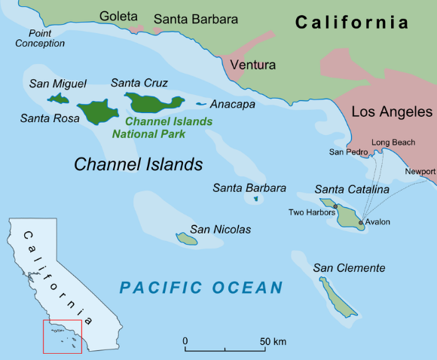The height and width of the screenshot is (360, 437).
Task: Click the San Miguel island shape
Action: tap(57, 98)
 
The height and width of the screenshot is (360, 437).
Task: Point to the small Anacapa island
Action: tap(201, 104)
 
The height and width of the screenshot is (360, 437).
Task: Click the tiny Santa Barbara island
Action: tap(256, 199)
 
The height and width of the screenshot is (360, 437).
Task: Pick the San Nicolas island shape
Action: tap(187, 239)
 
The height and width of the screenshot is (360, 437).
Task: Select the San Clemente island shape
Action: tap(337, 297)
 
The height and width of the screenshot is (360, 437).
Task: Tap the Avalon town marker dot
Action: tap(361, 223)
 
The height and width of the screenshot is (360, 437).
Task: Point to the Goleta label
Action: tap(119, 16)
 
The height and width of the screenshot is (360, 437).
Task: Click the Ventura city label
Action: tap(254, 65)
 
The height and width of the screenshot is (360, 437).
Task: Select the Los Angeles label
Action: tap(392, 112)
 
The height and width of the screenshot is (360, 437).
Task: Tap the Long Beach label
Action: tap(393, 142)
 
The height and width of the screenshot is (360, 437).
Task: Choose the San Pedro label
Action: tap(347, 152)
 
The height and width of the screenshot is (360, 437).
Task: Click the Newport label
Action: tap(420, 172)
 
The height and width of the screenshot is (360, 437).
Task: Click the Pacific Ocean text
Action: tap(201, 287)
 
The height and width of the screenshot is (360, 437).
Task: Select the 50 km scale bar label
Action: tap(273, 342)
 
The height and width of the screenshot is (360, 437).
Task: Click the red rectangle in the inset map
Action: tap(63, 336)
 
